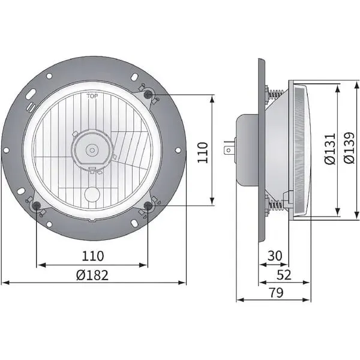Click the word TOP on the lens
coord(92,96)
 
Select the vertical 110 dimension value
coord(202,152)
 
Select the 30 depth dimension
coord(274,256)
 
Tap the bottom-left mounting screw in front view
coord(37,207)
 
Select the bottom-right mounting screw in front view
coord(148,207)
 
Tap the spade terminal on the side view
coord(229,148)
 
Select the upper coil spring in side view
coord(276,94)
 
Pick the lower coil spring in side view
coord(276,206)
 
